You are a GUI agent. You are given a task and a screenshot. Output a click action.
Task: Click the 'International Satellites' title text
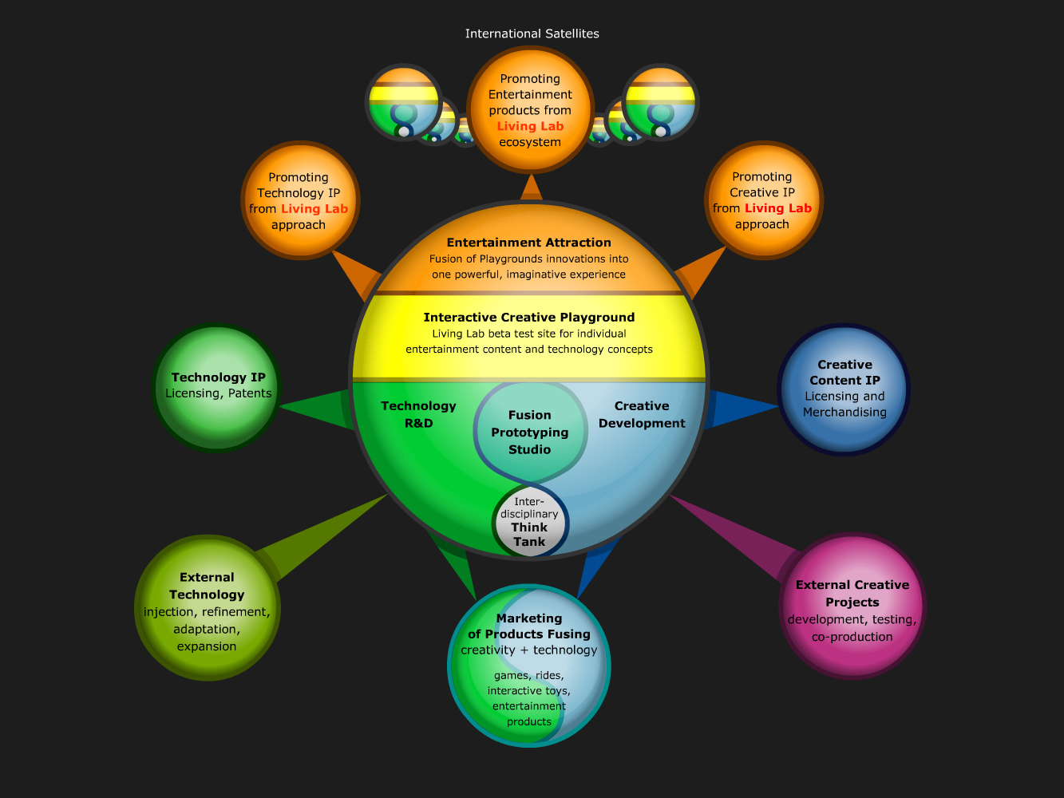coord(532,34)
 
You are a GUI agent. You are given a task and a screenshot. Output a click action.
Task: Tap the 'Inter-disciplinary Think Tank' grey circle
coord(530,522)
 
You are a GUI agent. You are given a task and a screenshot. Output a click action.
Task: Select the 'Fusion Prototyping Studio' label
coord(530,432)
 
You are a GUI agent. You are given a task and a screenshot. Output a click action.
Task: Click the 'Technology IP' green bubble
coord(216,388)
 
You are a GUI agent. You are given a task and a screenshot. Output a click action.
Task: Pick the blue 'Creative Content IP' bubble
coord(844,389)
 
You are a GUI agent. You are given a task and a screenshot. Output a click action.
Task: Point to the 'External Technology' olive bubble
coord(208,607)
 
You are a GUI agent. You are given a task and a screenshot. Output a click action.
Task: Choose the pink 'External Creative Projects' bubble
coord(852,606)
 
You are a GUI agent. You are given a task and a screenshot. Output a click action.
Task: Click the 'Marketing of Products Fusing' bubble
coord(529,666)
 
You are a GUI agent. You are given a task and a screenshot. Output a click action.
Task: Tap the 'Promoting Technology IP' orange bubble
coord(300,200)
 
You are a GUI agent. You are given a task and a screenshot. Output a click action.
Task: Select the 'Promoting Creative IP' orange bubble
coord(763,200)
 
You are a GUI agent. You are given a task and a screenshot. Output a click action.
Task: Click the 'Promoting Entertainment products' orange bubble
coord(530,109)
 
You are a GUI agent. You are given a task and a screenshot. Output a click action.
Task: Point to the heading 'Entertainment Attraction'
coord(529,243)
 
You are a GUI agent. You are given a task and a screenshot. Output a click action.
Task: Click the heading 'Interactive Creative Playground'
coord(529,318)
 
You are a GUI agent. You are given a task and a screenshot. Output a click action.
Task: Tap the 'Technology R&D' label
coord(418,414)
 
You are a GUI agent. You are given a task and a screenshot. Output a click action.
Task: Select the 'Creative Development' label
coord(642,414)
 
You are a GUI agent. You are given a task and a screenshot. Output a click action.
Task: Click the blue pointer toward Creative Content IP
coord(742,409)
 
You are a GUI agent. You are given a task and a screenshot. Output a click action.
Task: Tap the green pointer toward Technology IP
coord(318,409)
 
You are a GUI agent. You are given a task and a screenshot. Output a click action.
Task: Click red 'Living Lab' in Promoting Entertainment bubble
coord(530,126)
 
